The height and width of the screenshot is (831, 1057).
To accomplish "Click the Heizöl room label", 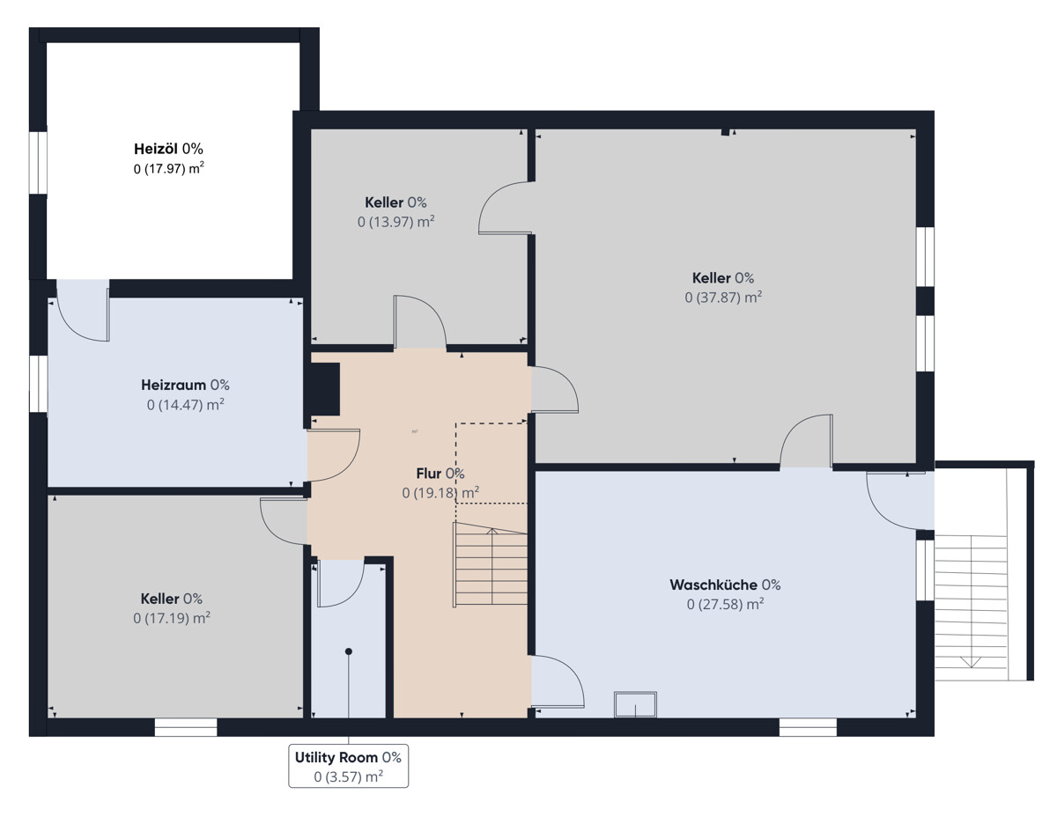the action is (168, 148).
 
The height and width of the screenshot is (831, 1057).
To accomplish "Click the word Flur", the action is (428, 474).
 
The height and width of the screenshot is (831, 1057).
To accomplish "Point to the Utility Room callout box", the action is (348, 766).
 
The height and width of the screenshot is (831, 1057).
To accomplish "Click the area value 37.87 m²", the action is (723, 297).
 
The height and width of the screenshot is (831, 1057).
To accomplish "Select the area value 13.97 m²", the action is (395, 222).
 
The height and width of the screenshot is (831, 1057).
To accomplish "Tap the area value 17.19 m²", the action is (172, 617).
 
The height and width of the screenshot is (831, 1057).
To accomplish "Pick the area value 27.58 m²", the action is (726, 604).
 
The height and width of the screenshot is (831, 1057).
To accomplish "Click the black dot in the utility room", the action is (349, 651).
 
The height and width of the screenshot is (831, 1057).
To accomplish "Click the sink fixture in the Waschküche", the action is (636, 704).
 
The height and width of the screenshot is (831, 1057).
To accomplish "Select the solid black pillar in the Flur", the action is (325, 389).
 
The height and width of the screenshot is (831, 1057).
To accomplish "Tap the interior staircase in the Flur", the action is (491, 564).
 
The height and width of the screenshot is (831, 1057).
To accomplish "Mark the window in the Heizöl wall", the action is (38, 163).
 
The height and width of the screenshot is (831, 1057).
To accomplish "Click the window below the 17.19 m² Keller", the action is (186, 727).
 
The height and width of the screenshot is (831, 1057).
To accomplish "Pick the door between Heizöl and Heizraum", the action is (83, 310).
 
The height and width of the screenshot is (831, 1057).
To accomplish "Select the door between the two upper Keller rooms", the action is (506, 208).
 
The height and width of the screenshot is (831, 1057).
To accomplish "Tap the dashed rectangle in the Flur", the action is (492, 463).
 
